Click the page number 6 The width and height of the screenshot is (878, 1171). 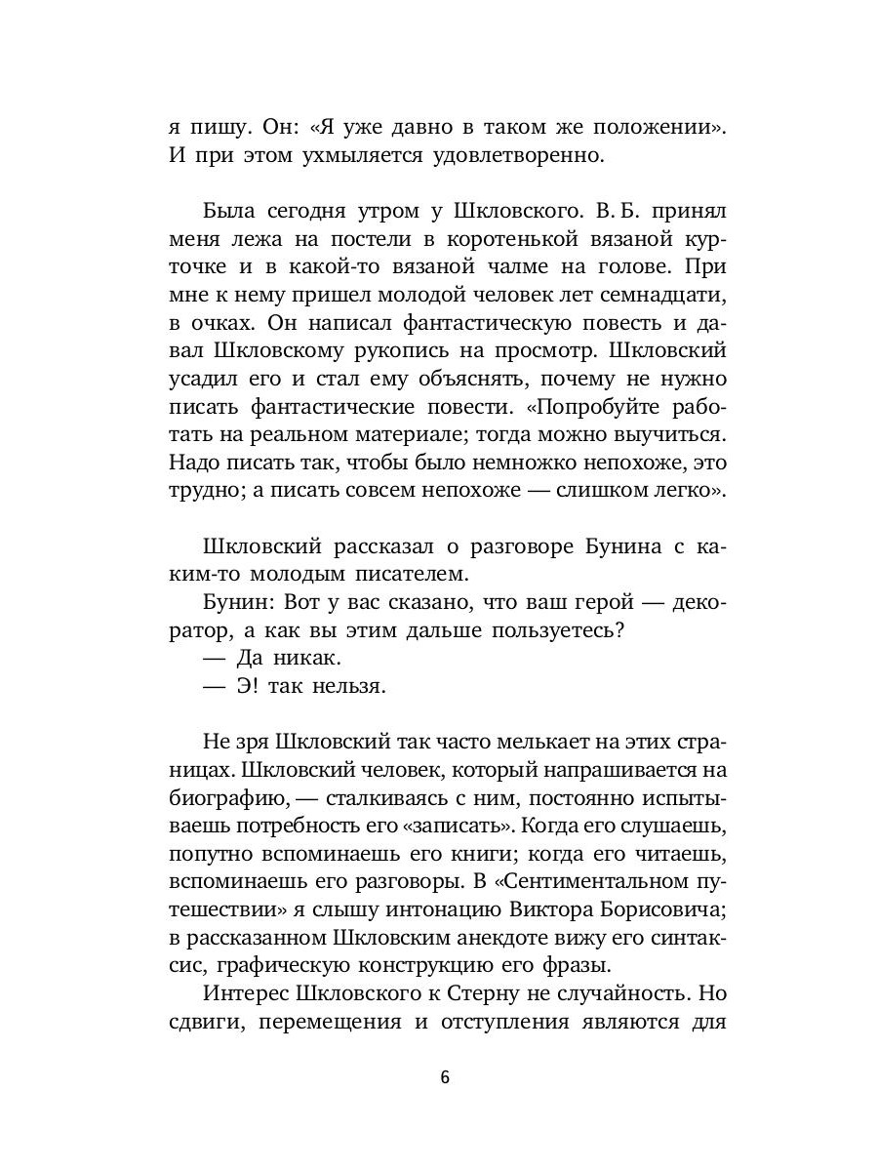point(444,1078)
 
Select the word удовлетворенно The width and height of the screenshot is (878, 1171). point(500,154)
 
